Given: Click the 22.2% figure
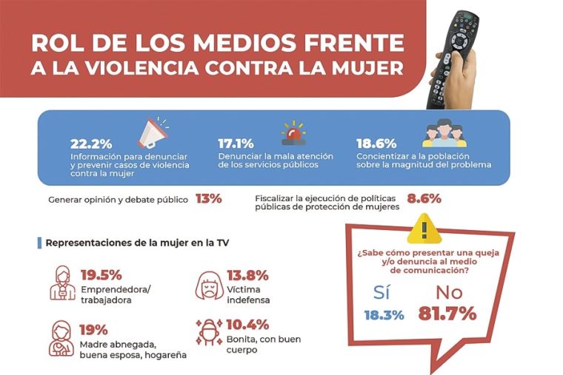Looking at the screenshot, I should [91, 143].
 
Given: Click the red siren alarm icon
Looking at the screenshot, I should [293, 134].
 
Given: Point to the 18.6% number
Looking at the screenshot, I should [376, 143].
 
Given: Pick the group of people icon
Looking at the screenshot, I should [444, 133].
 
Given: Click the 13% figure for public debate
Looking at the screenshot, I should [208, 198].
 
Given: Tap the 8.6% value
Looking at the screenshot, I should [424, 198].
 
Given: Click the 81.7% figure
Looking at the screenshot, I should [447, 314].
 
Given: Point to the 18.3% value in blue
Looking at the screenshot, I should [384, 314].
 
